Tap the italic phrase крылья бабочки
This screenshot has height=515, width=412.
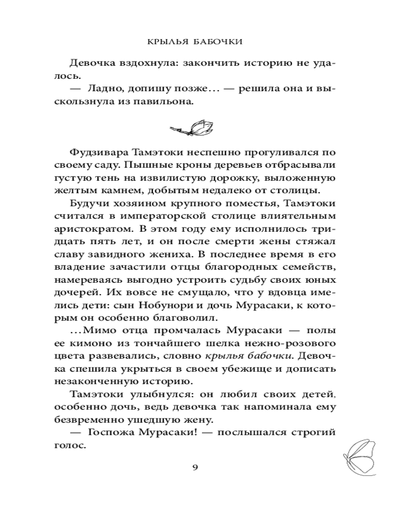(243, 355)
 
